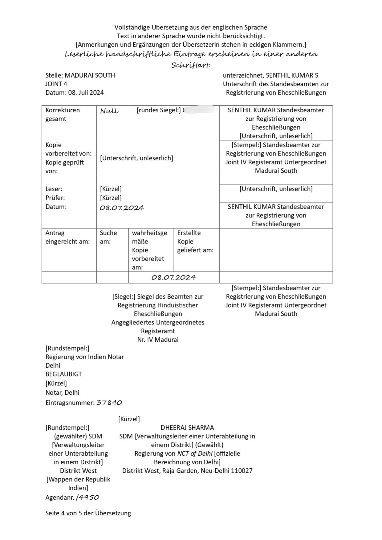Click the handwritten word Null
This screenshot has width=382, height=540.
click(x=109, y=111)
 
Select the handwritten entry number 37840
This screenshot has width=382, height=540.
click(x=109, y=403)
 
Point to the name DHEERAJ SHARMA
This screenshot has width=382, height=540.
click(x=187, y=428)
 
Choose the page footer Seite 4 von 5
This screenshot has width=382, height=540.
click(x=88, y=513)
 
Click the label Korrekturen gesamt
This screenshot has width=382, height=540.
click(x=63, y=115)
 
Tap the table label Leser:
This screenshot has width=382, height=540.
click(x=54, y=189)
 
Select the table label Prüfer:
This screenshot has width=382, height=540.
click(x=55, y=198)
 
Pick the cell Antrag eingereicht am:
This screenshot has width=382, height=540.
click(x=67, y=237)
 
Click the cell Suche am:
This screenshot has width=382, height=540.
click(x=108, y=237)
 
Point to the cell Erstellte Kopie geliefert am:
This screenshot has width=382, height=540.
click(x=195, y=242)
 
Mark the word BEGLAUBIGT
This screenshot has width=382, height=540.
click(x=64, y=374)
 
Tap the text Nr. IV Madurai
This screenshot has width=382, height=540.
click(x=158, y=340)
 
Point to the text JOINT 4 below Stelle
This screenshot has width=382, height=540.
click(x=56, y=84)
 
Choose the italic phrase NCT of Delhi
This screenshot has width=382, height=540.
click(x=195, y=453)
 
